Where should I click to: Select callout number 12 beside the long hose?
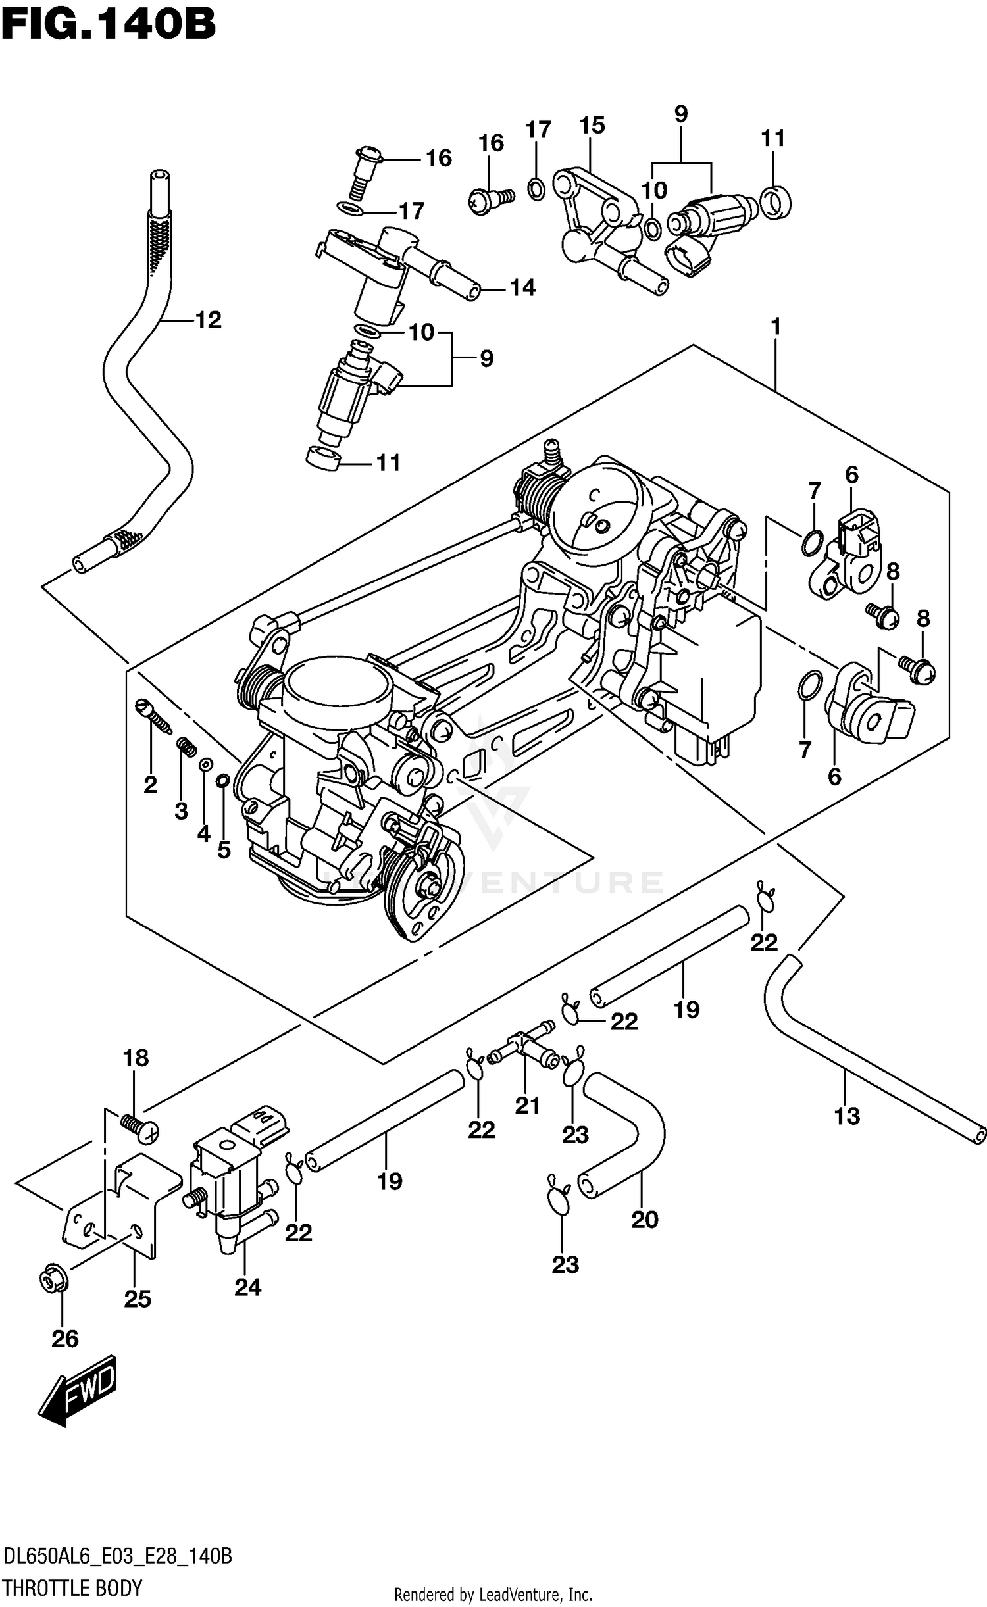[x=208, y=320]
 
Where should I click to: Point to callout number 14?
[x=522, y=287]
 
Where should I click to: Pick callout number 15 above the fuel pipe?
[x=592, y=126]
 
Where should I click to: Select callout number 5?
[x=224, y=849]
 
